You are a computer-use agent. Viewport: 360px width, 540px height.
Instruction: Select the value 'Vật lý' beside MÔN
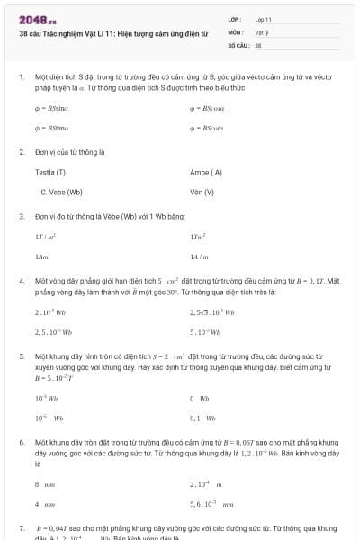262,31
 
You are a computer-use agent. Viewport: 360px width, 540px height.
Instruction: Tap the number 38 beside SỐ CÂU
258,44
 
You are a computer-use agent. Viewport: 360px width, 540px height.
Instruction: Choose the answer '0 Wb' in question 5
200,398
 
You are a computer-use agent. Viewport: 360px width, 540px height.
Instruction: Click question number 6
21,443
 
